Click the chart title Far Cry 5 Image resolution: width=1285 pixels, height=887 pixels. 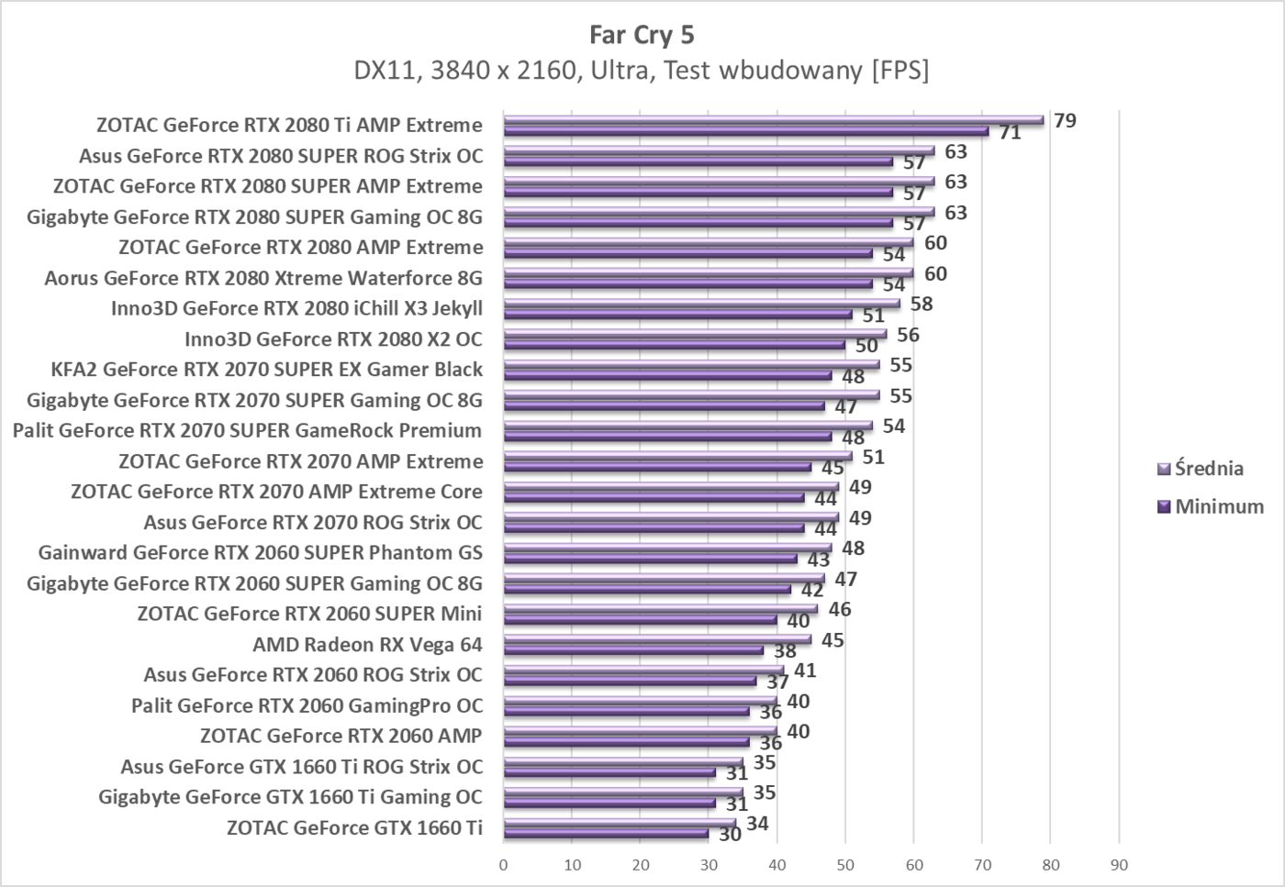[x=642, y=35]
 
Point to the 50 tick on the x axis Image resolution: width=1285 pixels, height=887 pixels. [x=845, y=864]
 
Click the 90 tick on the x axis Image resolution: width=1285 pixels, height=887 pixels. [x=1119, y=864]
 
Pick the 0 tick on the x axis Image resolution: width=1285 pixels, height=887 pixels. [x=503, y=864]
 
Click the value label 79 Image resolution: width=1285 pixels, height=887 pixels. [x=1065, y=120]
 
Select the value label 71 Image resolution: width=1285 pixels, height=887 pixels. [x=1010, y=133]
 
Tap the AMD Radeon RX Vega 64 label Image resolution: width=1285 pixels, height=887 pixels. [x=367, y=644]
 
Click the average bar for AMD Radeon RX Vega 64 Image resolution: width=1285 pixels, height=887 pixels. [x=656, y=639]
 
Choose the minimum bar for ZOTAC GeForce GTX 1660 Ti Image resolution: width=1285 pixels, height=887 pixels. [x=606, y=834]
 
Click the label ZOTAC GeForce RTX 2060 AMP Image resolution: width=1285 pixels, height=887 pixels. [x=341, y=736]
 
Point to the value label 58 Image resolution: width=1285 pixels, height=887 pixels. [x=922, y=304]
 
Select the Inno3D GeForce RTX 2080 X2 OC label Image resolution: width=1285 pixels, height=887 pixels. [x=333, y=338]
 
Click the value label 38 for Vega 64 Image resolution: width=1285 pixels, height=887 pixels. [x=785, y=651]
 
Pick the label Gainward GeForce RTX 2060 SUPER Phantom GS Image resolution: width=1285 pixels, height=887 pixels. [x=260, y=552]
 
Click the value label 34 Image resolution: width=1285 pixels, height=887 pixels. [x=757, y=824]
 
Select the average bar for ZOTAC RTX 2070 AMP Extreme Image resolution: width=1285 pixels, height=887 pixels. [x=677, y=456]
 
